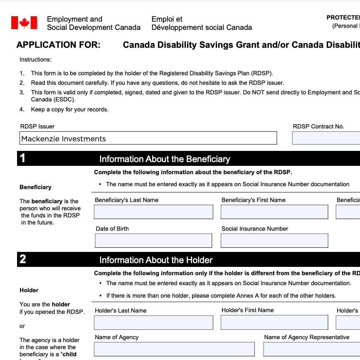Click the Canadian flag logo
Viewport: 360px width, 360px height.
click(24, 23)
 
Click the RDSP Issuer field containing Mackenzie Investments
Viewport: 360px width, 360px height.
click(148, 138)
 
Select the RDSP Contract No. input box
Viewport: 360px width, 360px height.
click(326, 138)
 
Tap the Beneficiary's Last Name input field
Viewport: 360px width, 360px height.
click(153, 212)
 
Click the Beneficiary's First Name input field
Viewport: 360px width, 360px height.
click(274, 212)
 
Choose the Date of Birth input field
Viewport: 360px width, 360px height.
click(153, 241)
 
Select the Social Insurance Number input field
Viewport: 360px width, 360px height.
click(274, 241)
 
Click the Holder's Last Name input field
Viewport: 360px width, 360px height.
click(153, 323)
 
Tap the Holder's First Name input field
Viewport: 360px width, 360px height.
click(274, 323)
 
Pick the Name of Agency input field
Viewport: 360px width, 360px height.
click(174, 349)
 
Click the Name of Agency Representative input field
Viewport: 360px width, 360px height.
click(311, 349)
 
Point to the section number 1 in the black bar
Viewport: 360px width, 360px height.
click(23, 158)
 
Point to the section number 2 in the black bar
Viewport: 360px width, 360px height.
click(23, 259)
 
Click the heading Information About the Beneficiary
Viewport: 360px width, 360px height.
click(165, 159)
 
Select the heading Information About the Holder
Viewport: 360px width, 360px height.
click(156, 260)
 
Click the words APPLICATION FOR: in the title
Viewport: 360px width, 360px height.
click(59, 45)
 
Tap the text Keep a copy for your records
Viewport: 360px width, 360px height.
click(69, 110)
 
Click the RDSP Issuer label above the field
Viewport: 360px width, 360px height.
click(37, 126)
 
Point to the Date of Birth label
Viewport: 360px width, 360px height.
click(112, 229)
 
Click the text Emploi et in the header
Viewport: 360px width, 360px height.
click(167, 19)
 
